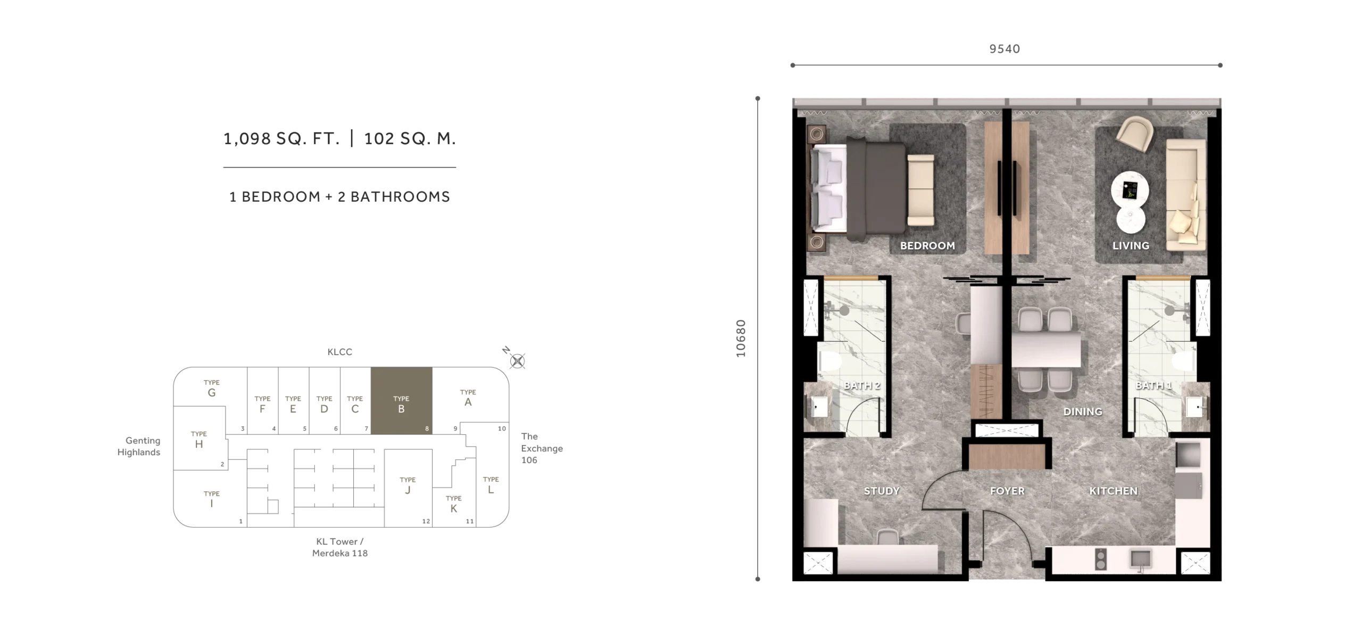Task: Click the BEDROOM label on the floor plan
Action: click(x=927, y=245)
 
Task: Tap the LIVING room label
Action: click(x=1131, y=245)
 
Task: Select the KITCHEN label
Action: click(x=1113, y=491)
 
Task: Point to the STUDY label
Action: click(x=882, y=491)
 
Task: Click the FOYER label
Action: click(x=1007, y=491)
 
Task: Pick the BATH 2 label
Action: click(x=862, y=385)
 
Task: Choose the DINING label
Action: click(x=1083, y=411)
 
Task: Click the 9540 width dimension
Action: click(x=1004, y=49)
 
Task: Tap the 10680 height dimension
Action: click(x=741, y=338)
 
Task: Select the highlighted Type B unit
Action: click(x=401, y=400)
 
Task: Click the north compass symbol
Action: click(x=517, y=361)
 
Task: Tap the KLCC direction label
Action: click(x=340, y=352)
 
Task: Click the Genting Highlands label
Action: click(x=139, y=446)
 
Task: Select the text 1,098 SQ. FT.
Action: click(x=281, y=139)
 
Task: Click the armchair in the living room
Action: click(x=1134, y=135)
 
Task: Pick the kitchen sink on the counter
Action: click(x=1140, y=559)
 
